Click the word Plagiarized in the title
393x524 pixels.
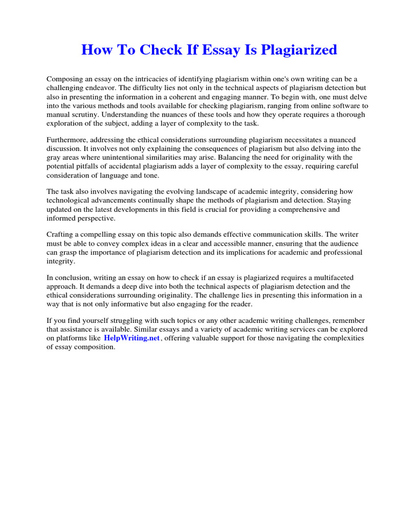pyautogui.click(x=299, y=50)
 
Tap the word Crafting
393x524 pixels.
pyautogui.click(x=60, y=234)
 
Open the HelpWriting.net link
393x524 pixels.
pyautogui.click(x=132, y=338)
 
